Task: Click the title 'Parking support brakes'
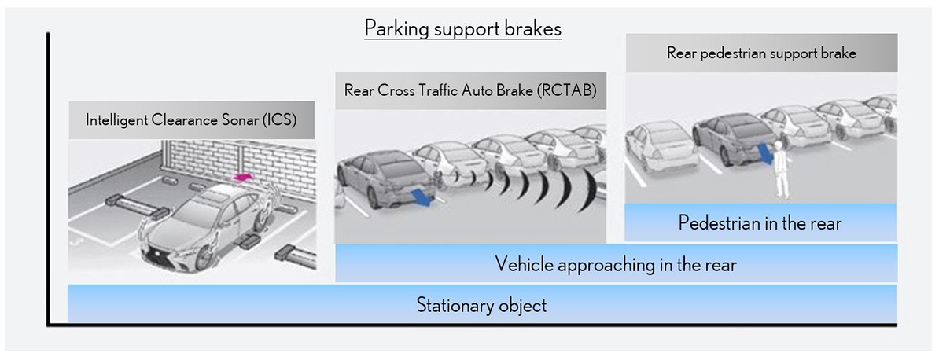462,29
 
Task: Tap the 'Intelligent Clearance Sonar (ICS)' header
191,120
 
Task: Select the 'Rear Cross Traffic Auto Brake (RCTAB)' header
471,90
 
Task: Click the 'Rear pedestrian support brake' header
762,53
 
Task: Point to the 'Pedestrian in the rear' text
760,223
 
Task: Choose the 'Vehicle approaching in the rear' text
616,265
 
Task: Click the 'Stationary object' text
481,305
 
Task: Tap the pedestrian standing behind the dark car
779,170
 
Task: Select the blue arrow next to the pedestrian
765,153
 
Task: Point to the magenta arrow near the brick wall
242,177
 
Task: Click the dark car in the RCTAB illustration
385,179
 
